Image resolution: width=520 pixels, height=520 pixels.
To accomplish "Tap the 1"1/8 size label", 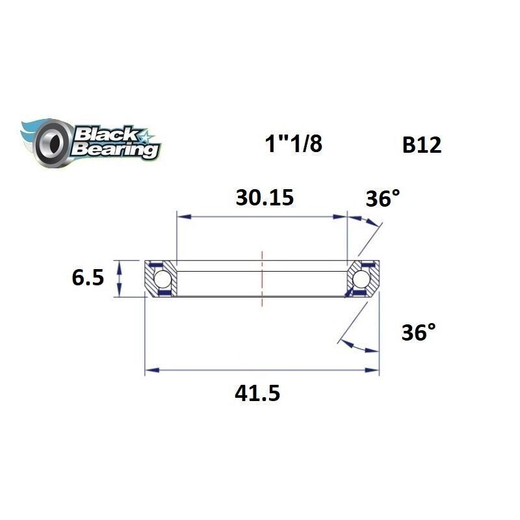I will tap(292, 144).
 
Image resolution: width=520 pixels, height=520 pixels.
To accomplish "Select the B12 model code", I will tap(421, 145).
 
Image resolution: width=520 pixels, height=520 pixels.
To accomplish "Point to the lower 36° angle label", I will tap(418, 333).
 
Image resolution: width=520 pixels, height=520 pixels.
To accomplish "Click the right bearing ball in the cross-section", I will tap(361, 279).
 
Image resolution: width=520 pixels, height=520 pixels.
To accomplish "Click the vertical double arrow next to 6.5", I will tap(118, 278).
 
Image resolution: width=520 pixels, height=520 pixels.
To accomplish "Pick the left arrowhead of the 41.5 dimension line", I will tap(149, 371).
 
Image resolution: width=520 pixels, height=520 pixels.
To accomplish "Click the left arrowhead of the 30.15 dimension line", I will tap(181, 216).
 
